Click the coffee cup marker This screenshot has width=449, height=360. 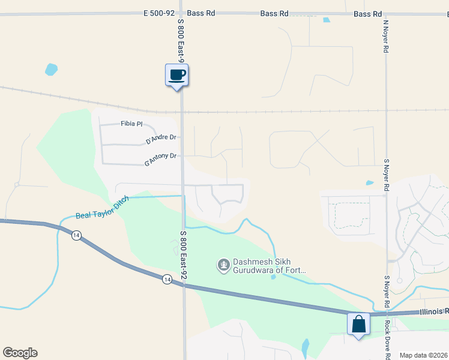pos(176,75)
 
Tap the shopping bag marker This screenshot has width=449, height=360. pos(358,324)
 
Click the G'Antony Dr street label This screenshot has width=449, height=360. pos(160,158)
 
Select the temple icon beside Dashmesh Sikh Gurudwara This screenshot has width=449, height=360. pos(223,263)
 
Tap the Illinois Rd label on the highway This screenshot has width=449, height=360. pos(433,311)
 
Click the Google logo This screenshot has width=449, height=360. pos(20,353)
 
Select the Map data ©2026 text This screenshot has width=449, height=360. pos(423,355)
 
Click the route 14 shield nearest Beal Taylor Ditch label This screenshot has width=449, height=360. pos(76,236)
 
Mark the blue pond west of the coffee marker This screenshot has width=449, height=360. pos(51,70)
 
